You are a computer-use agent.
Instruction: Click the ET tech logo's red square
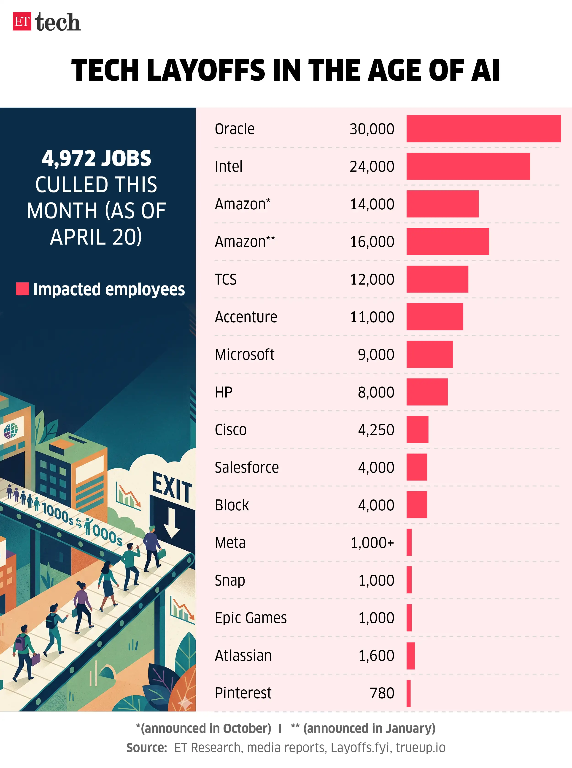tap(22, 21)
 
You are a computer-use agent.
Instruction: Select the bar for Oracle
tap(483, 129)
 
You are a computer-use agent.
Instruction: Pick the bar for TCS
tap(437, 279)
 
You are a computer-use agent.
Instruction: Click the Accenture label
tap(246, 317)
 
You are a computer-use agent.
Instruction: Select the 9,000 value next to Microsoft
tap(376, 355)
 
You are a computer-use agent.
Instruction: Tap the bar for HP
tap(427, 392)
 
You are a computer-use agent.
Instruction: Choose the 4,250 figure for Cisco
tap(376, 430)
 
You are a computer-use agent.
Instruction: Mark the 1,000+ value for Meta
tap(372, 542)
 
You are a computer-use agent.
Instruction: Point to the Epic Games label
tap(251, 618)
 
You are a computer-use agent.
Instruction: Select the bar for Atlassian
tap(410, 656)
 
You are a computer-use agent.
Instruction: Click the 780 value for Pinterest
tap(382, 693)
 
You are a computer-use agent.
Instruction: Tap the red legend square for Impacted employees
tap(22, 289)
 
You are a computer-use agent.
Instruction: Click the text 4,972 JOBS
tap(96, 158)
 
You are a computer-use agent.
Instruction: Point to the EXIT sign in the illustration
tap(172, 487)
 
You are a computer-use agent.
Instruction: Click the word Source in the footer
tap(146, 748)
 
